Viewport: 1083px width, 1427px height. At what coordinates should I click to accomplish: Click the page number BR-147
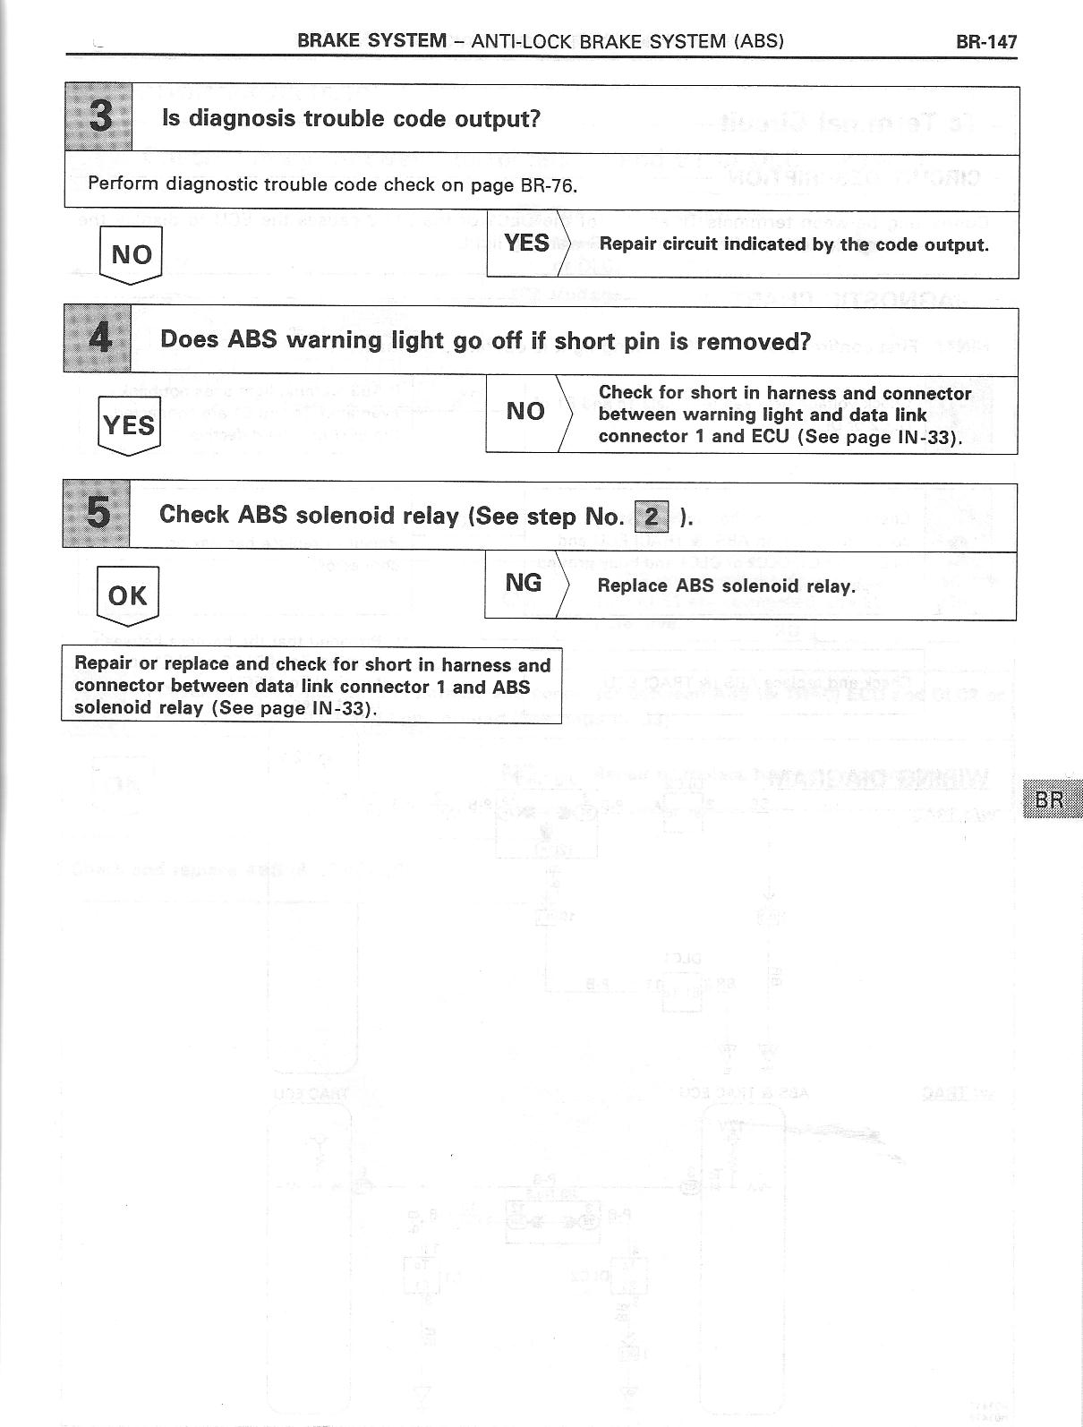[x=985, y=41]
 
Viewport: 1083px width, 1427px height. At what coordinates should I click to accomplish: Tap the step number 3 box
[x=99, y=116]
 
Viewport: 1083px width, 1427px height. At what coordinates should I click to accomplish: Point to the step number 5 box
[x=97, y=514]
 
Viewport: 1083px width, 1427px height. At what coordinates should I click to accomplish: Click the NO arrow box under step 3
[x=131, y=255]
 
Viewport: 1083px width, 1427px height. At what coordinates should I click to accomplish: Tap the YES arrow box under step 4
[x=129, y=424]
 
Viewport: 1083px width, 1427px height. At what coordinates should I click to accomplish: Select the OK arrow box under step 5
[x=127, y=595]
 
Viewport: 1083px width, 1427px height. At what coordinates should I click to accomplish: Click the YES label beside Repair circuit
[x=526, y=243]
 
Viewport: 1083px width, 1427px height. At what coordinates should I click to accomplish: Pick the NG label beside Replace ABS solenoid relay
[x=524, y=583]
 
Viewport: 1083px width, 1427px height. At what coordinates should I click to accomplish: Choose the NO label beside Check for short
[x=525, y=411]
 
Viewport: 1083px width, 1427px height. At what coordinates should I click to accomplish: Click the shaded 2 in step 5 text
[x=652, y=517]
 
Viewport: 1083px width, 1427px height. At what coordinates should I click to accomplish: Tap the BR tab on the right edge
[x=1050, y=799]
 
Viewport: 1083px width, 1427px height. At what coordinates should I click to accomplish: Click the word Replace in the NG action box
[x=633, y=585]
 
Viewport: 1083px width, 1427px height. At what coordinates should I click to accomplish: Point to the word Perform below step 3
[x=123, y=184]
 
